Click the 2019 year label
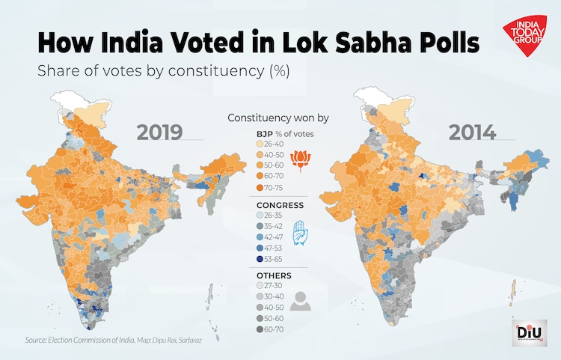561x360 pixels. (159, 132)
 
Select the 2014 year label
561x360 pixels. (472, 132)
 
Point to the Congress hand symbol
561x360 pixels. (300, 233)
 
